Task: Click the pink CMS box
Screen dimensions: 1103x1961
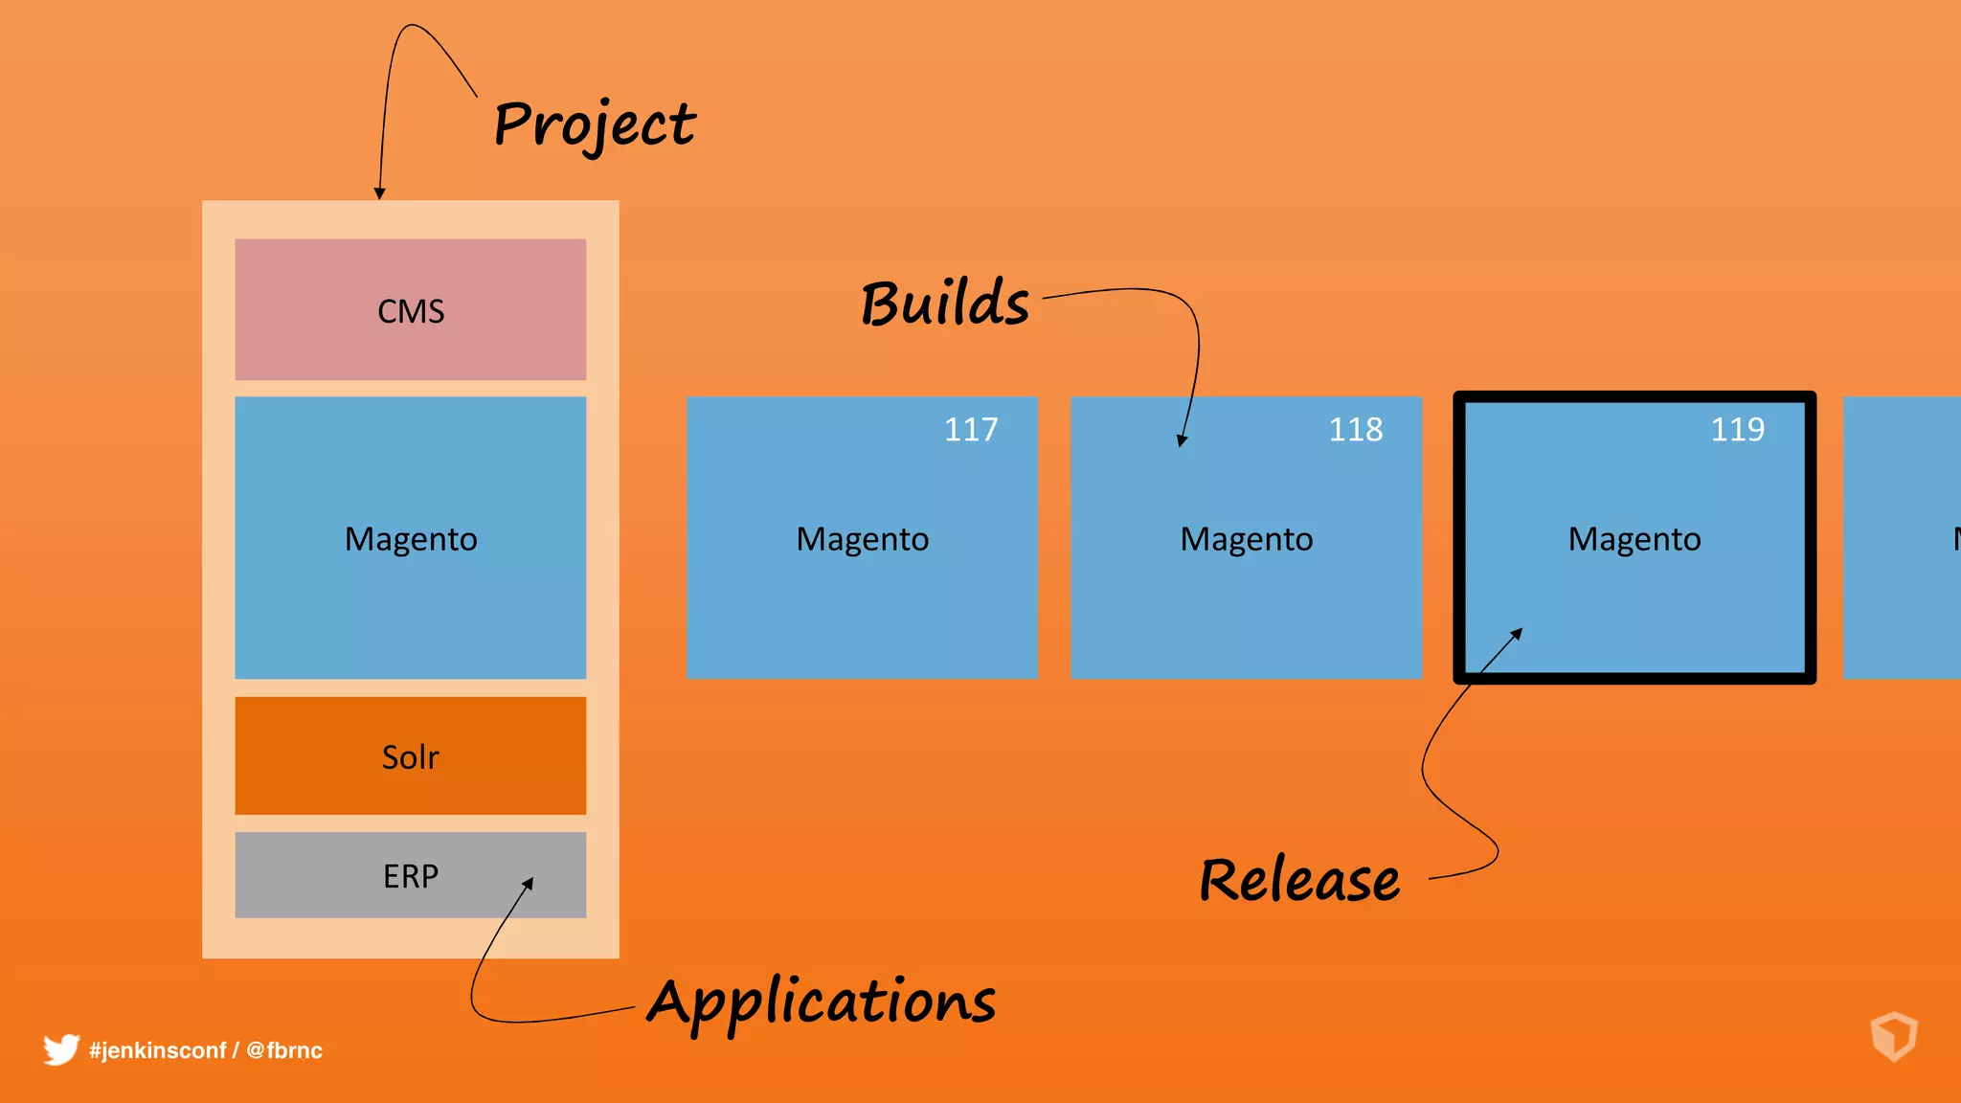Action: point(410,309)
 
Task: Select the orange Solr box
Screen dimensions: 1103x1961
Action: point(410,756)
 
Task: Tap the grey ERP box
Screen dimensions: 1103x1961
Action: point(410,875)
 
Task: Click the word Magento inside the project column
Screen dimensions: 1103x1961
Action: point(410,539)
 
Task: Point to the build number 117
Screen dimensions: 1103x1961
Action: point(970,429)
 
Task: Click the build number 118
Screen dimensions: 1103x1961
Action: point(1355,429)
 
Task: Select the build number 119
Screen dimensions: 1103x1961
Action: point(1737,429)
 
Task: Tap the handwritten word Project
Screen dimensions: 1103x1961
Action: point(594,124)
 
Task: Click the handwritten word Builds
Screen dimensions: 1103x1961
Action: point(944,304)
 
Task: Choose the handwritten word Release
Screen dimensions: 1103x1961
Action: point(1298,880)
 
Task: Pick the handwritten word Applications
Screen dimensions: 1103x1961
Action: point(822,1002)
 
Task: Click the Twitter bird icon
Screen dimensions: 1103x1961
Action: point(60,1049)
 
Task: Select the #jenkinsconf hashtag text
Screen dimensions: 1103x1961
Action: point(157,1050)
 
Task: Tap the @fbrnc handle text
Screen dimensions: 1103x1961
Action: point(284,1050)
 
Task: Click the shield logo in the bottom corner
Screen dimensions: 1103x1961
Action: point(1893,1036)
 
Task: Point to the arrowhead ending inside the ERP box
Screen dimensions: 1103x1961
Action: point(529,883)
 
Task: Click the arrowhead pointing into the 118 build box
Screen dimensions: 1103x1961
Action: point(1183,440)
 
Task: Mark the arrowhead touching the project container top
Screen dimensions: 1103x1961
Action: point(380,193)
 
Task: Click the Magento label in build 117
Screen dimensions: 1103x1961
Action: point(862,539)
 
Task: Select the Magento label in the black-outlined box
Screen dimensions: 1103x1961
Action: point(1634,539)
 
